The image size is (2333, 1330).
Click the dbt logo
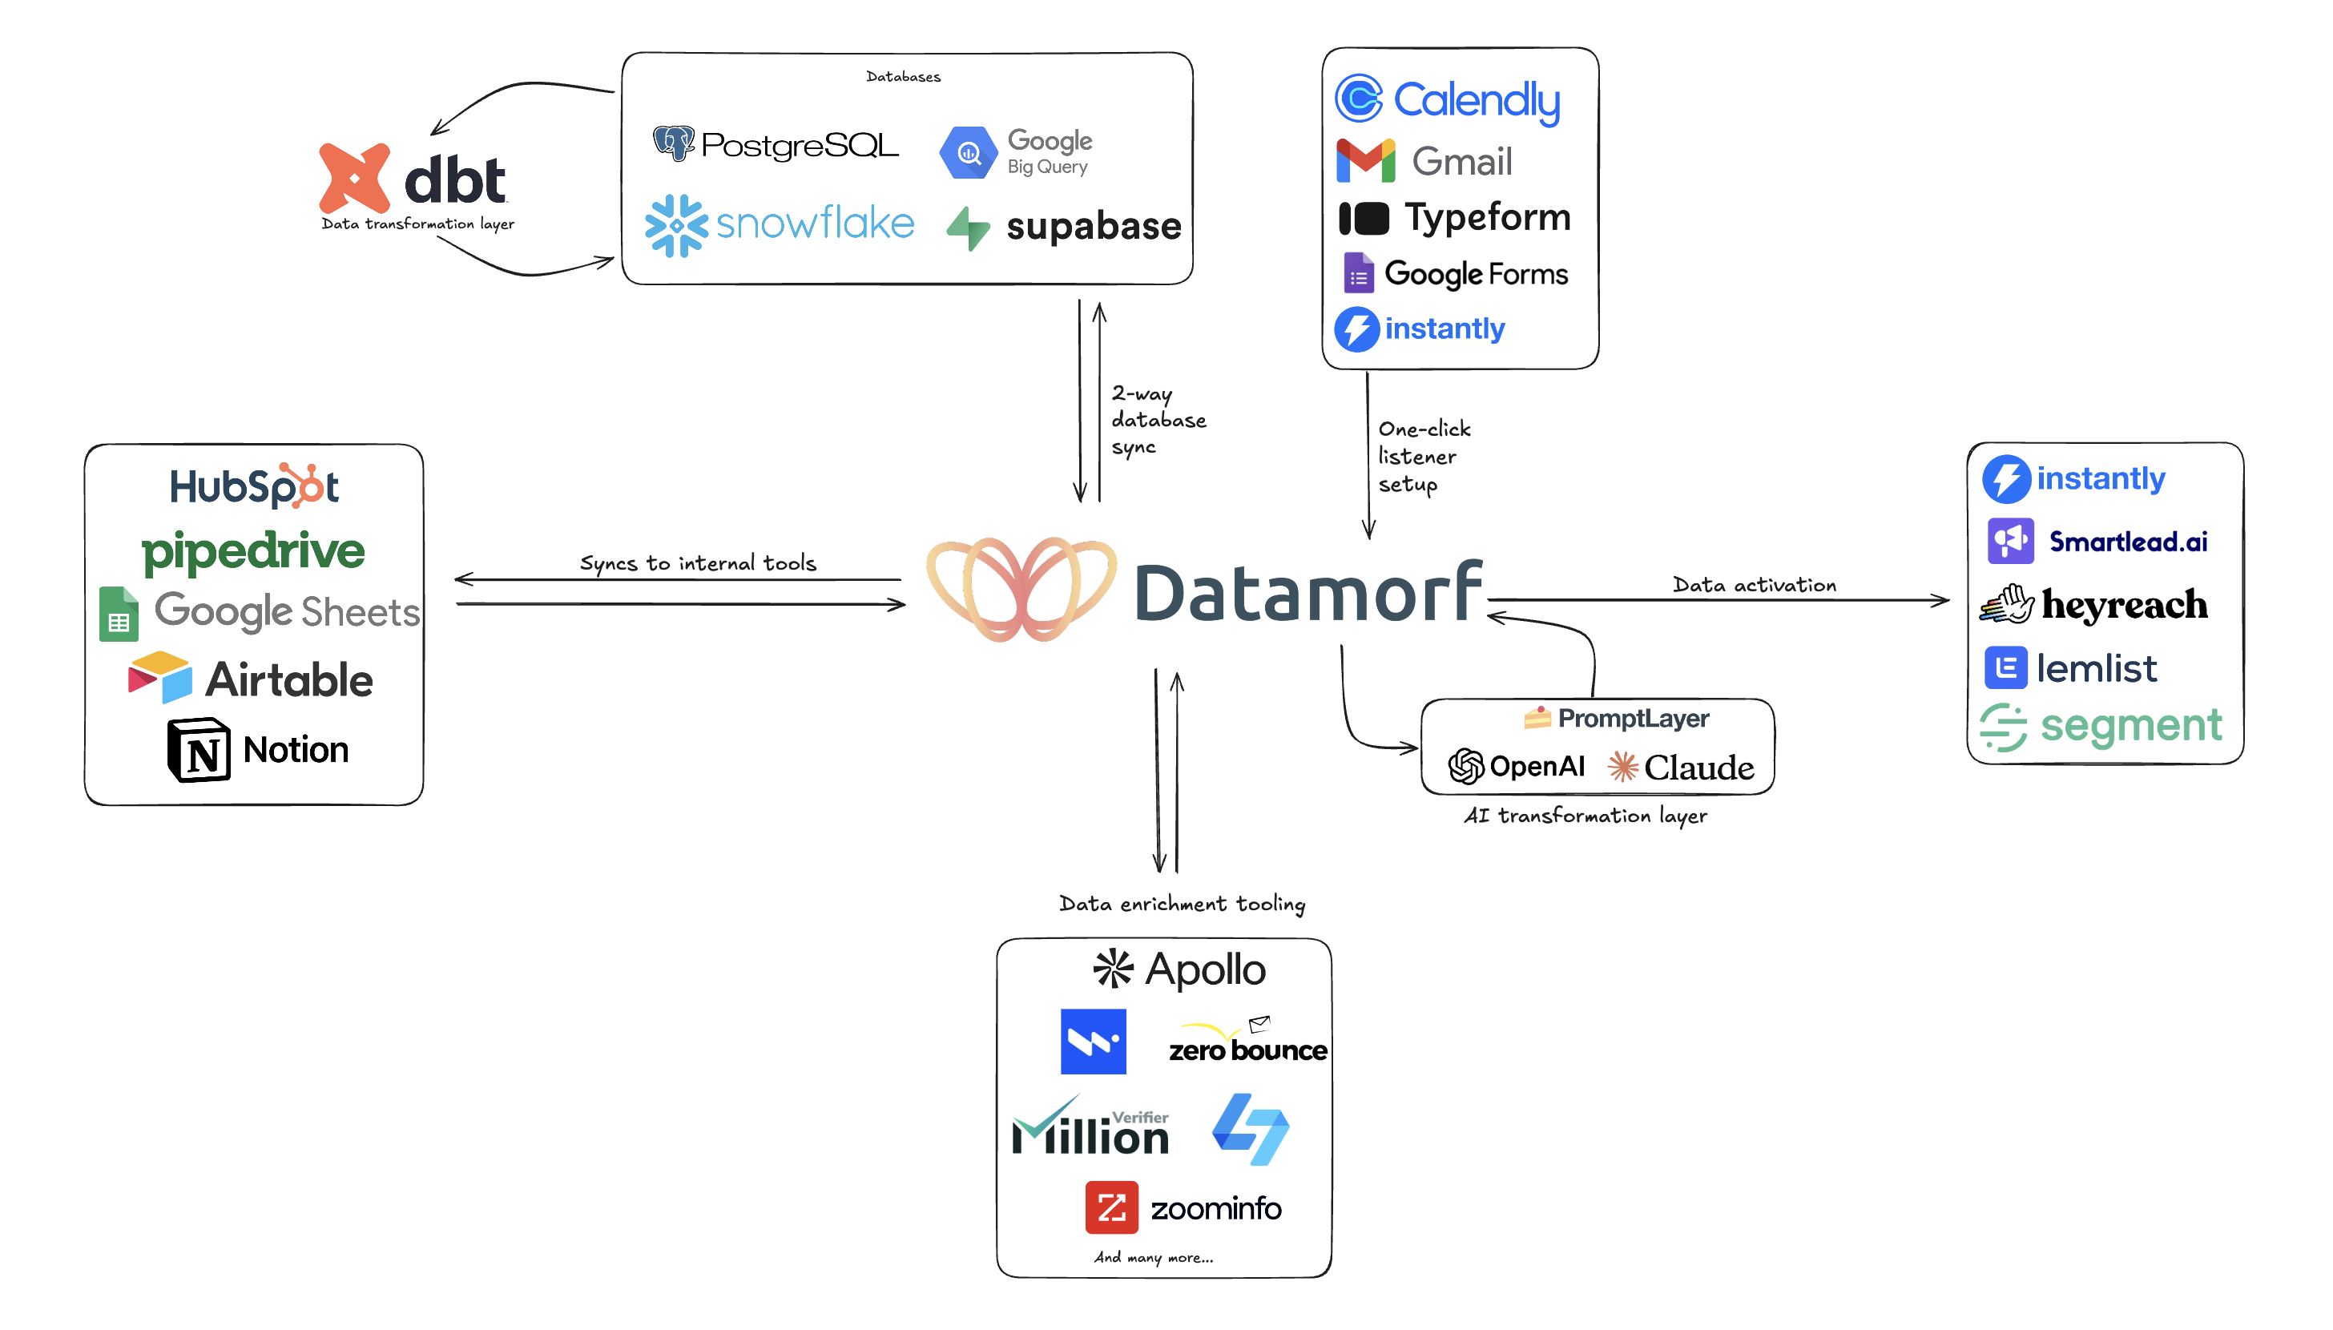[x=412, y=178]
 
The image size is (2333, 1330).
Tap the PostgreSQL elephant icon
[x=674, y=143]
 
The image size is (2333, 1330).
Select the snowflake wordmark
[x=815, y=223]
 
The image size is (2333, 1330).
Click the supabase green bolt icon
[x=967, y=228]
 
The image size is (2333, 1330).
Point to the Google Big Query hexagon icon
[x=968, y=152]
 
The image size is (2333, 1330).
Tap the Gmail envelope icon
[x=1364, y=161]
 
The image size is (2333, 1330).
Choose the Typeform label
[x=1486, y=217]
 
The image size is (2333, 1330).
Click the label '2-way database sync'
[x=1157, y=420]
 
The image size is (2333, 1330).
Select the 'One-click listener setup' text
[x=1423, y=456]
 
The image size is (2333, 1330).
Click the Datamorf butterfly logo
[x=1020, y=589]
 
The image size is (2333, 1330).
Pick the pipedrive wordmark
[x=253, y=550]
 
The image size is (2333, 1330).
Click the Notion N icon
[x=198, y=750]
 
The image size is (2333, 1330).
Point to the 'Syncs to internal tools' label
[x=698, y=562]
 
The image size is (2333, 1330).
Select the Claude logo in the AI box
[x=1679, y=768]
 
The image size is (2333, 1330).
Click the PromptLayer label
[x=1632, y=718]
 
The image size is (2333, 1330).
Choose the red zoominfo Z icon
[x=1110, y=1207]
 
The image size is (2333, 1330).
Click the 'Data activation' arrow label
[x=1753, y=585]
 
